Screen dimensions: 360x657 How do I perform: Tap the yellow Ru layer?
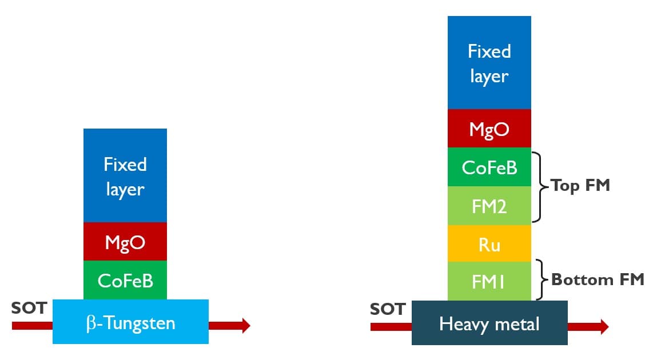[489, 244]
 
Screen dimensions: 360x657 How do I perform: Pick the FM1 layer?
[489, 281]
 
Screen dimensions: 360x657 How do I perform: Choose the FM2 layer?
[489, 206]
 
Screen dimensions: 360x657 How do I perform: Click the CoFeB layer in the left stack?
[125, 280]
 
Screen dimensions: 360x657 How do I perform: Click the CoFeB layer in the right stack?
[489, 167]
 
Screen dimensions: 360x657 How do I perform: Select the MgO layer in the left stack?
[125, 242]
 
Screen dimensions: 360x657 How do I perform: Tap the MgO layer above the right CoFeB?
[489, 129]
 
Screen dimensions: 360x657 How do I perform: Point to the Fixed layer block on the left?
[125, 176]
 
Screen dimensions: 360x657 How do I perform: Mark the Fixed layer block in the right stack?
[489, 63]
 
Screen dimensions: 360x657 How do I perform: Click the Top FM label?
[580, 186]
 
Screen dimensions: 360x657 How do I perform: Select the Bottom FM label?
[598, 279]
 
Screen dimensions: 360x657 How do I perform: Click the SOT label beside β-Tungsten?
[29, 309]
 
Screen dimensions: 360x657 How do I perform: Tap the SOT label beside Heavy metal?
[387, 309]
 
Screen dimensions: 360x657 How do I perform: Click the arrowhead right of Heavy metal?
[604, 327]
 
